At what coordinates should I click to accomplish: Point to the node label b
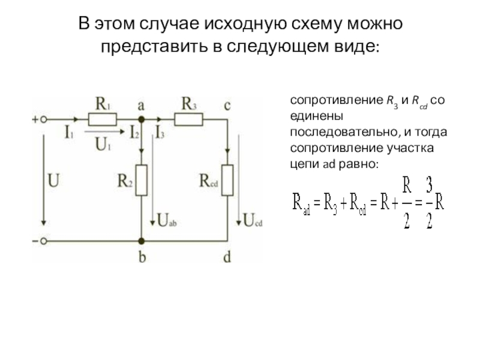coord(142,258)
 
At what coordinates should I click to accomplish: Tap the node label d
coord(227,258)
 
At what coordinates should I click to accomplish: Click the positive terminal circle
coord(44,119)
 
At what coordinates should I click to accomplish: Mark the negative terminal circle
coord(44,241)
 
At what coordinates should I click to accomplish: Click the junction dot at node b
coord(142,241)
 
